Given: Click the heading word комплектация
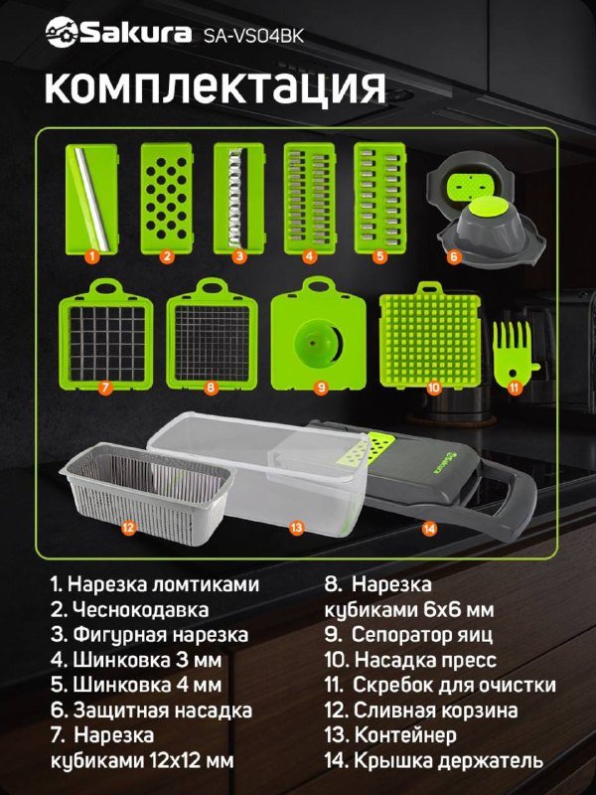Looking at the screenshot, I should click(x=215, y=86).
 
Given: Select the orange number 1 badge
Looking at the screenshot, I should click(x=91, y=256).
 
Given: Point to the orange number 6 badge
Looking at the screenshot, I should click(x=453, y=256).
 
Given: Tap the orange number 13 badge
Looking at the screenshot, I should click(x=295, y=528).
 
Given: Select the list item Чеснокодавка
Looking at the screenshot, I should click(x=129, y=609).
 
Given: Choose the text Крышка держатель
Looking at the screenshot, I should click(x=434, y=761).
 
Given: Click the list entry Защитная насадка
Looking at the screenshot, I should click(x=150, y=711).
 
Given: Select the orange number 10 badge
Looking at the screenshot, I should click(x=434, y=389).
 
